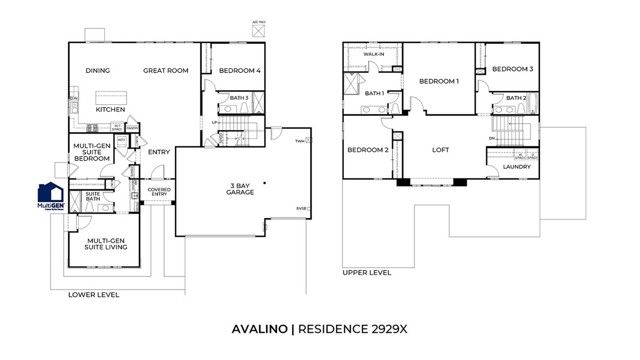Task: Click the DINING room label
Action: pyautogui.click(x=97, y=71)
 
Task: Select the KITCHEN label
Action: pyautogui.click(x=110, y=109)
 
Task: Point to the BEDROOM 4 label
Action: pyautogui.click(x=239, y=71)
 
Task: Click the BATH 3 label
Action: pyautogui.click(x=238, y=97)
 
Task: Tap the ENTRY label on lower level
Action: pyautogui.click(x=159, y=152)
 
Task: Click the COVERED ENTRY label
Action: pyautogui.click(x=159, y=193)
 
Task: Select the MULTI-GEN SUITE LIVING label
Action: pyautogui.click(x=105, y=246)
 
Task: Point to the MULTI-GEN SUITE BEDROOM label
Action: pyautogui.click(x=92, y=153)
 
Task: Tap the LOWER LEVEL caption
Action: pyautogui.click(x=93, y=295)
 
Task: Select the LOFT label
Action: pyautogui.click(x=441, y=150)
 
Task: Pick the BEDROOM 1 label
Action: pyautogui.click(x=438, y=81)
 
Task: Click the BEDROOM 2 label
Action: pyautogui.click(x=367, y=150)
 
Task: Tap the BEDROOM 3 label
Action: pyautogui.click(x=511, y=69)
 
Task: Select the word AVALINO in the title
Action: pyautogui.click(x=255, y=328)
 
